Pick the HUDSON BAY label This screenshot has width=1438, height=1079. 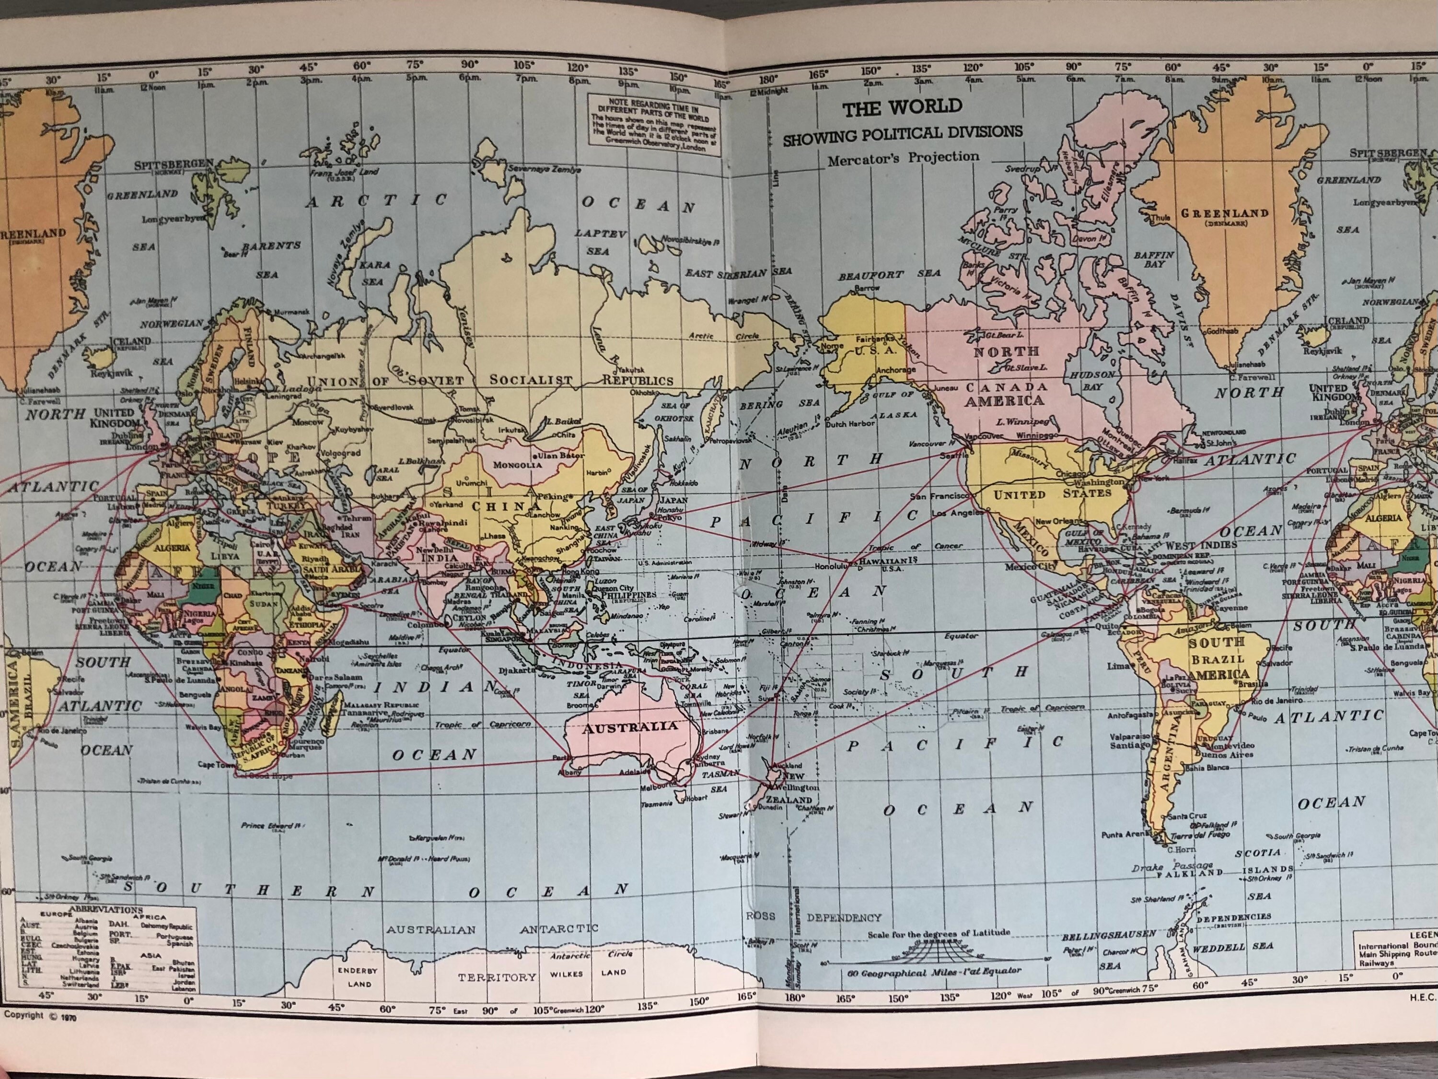point(1092,380)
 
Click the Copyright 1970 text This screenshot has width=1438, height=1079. point(40,1015)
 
